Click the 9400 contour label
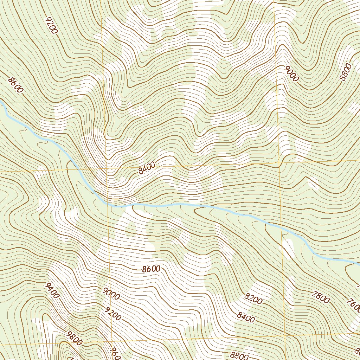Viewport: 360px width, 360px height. [x=52, y=290]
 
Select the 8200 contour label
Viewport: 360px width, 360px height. [x=253, y=300]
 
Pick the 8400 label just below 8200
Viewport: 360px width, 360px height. [x=246, y=317]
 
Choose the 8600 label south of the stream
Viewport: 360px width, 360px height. [x=151, y=269]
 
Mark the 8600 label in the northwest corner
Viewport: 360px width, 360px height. [x=15, y=85]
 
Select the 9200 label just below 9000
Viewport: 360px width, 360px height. [x=112, y=314]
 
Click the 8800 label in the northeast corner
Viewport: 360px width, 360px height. [x=346, y=72]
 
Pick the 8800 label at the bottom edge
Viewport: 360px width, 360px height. [x=240, y=356]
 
